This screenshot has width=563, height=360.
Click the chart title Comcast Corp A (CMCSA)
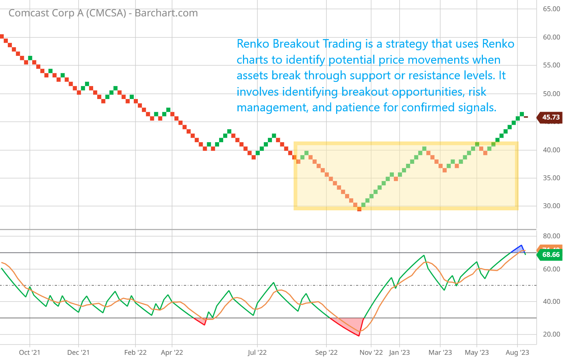pyautogui.click(x=67, y=13)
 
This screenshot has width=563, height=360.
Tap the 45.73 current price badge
pyautogui.click(x=550, y=117)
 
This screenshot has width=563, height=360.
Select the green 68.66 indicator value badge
pyautogui.click(x=550, y=255)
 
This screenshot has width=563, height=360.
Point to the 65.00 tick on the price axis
pyautogui.click(x=551, y=9)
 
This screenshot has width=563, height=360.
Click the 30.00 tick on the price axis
pyautogui.click(x=551, y=206)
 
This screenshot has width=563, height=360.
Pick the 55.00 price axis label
pyautogui.click(x=551, y=65)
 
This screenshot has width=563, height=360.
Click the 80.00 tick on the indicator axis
pyautogui.click(x=551, y=236)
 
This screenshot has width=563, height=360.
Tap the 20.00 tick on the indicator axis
pyautogui.click(x=551, y=334)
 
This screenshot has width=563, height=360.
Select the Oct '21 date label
pyautogui.click(x=29, y=353)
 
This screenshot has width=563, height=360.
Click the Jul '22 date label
pyautogui.click(x=257, y=353)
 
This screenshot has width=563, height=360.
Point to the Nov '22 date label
pyautogui.click(x=371, y=353)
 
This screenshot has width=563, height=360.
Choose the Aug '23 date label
pyautogui.click(x=517, y=353)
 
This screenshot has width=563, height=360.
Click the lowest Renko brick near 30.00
pyautogui.click(x=359, y=209)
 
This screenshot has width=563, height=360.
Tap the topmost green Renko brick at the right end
pyautogui.click(x=522, y=114)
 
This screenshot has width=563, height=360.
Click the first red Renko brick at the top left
pyautogui.click(x=1, y=36)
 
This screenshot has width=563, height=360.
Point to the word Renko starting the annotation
pyautogui.click(x=253, y=44)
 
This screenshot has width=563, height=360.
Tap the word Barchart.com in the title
pyautogui.click(x=166, y=13)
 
